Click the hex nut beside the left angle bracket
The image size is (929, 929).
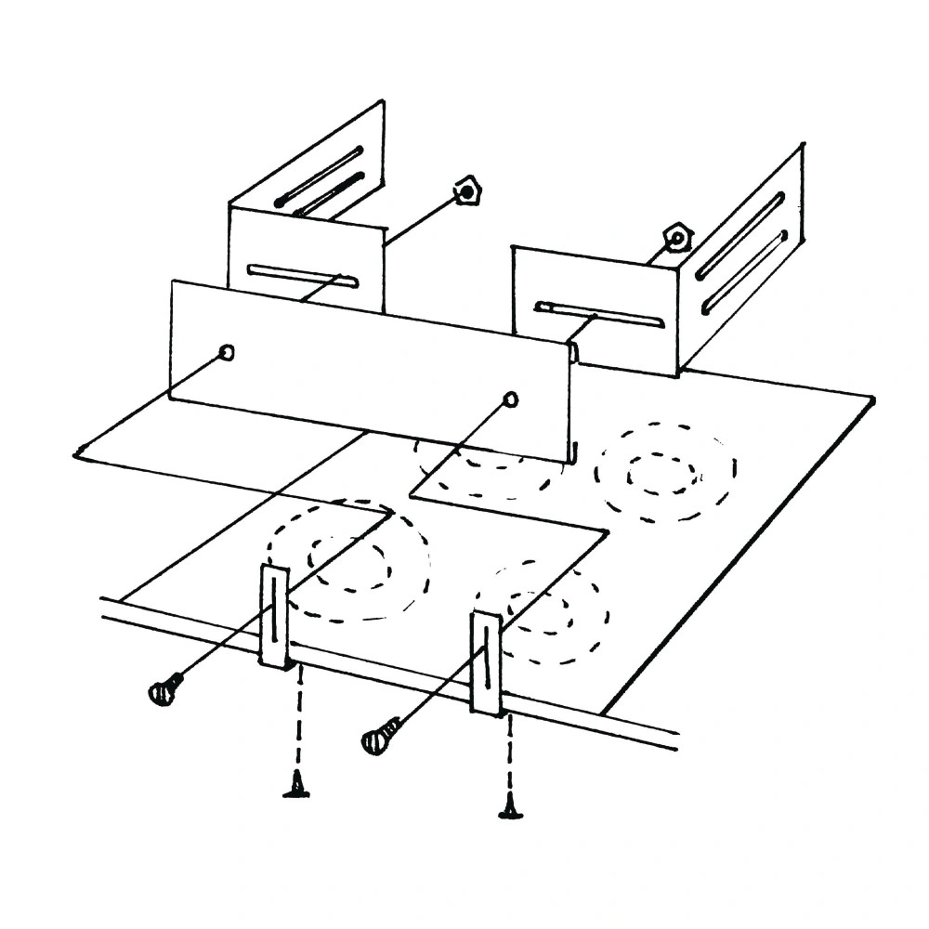pos(466,193)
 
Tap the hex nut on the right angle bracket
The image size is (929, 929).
pos(677,237)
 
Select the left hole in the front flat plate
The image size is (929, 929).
pos(226,352)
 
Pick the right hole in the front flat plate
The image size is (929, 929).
pos(510,399)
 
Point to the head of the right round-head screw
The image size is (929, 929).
pos(377,740)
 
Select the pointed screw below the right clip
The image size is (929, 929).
pos(510,807)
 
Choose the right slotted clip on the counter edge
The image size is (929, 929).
pos(487,661)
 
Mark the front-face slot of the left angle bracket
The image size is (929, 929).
pos(303,276)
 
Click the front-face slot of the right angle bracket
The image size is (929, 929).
pos(599,314)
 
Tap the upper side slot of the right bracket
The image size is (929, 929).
pos(740,236)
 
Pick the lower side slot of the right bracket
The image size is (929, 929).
pos(746,273)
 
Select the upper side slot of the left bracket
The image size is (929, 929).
pos(319,177)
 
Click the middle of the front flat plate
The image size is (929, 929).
pos(369,370)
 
